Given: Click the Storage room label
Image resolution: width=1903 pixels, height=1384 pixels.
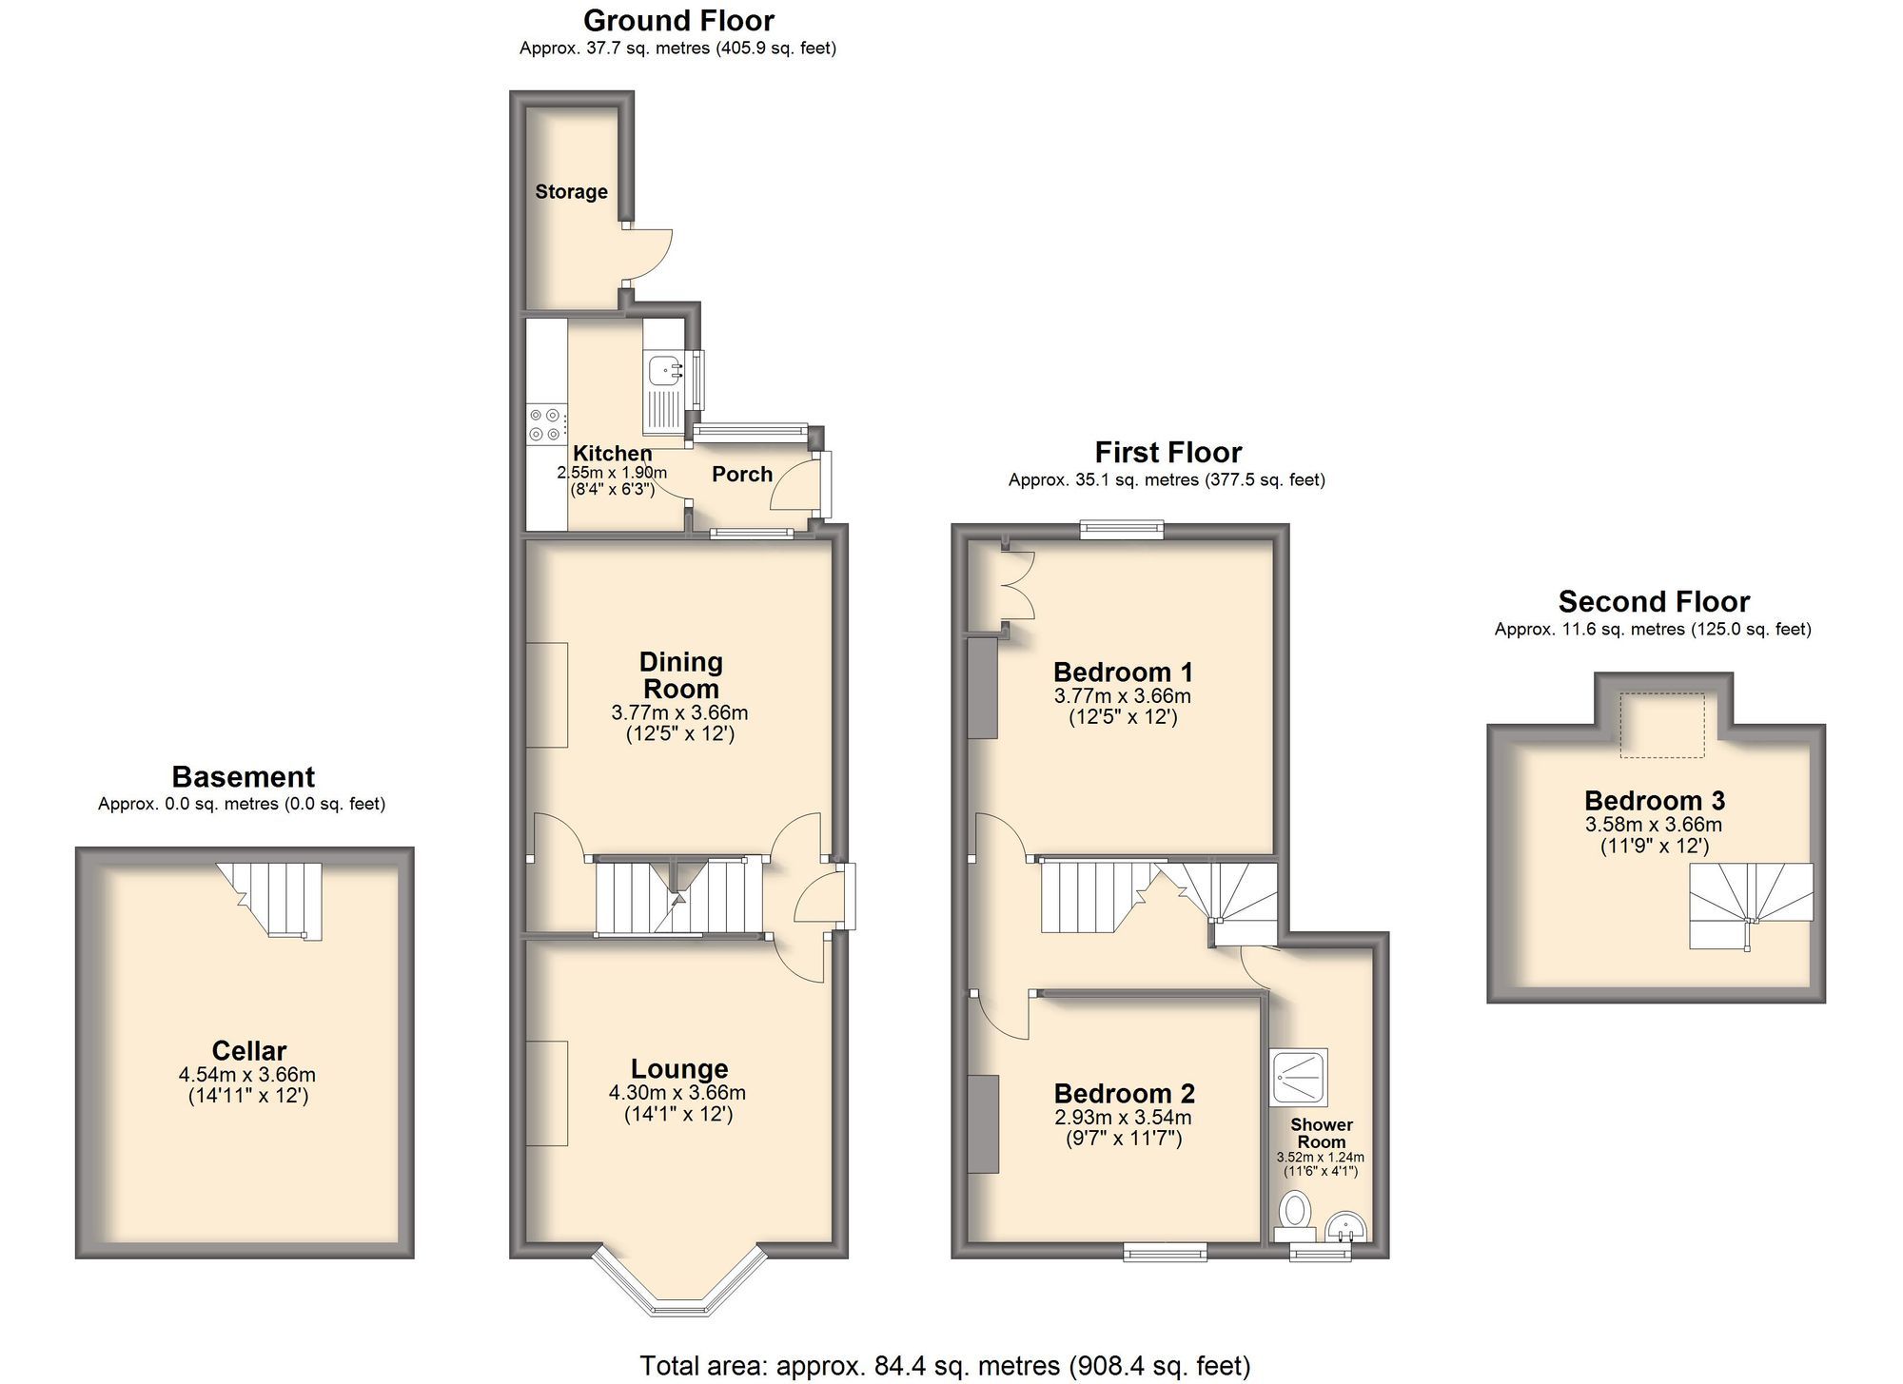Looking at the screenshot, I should pyautogui.click(x=571, y=192).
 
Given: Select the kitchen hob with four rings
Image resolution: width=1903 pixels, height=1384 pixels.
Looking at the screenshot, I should pyautogui.click(x=545, y=424).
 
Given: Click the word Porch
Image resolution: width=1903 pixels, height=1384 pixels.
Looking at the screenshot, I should pyautogui.click(x=742, y=474).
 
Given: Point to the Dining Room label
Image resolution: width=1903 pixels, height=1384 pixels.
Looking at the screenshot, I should pyautogui.click(x=680, y=674).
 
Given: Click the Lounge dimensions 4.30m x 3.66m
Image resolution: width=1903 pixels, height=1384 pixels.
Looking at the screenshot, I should pyautogui.click(x=677, y=1092).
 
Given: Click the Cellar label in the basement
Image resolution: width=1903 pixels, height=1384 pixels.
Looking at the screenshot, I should pyautogui.click(x=248, y=1050).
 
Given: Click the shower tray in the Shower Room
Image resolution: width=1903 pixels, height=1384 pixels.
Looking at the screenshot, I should pyautogui.click(x=1299, y=1077).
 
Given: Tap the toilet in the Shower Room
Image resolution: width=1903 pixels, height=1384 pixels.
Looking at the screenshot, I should pyautogui.click(x=1295, y=1214).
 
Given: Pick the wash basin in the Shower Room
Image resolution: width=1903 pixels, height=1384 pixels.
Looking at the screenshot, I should pyautogui.click(x=1346, y=1227).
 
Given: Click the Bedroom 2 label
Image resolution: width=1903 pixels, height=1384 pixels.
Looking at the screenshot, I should pyautogui.click(x=1124, y=1093).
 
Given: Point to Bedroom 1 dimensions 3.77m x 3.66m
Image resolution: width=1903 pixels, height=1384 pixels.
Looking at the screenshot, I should pyautogui.click(x=1122, y=696).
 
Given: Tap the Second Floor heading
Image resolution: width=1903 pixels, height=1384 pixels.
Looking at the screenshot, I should pyautogui.click(x=1654, y=601).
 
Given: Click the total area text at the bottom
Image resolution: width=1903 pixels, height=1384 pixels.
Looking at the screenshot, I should pyautogui.click(x=944, y=1366).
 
